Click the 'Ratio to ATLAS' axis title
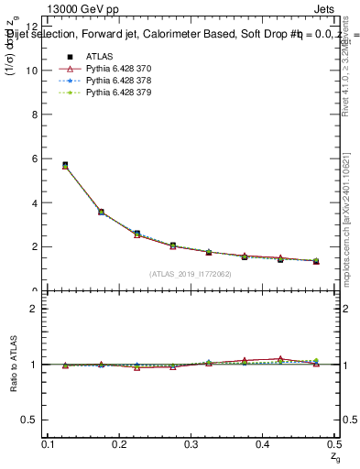12,364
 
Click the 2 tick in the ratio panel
35,309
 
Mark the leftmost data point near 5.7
65,165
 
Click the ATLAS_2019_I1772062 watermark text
191,274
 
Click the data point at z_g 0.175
101,212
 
